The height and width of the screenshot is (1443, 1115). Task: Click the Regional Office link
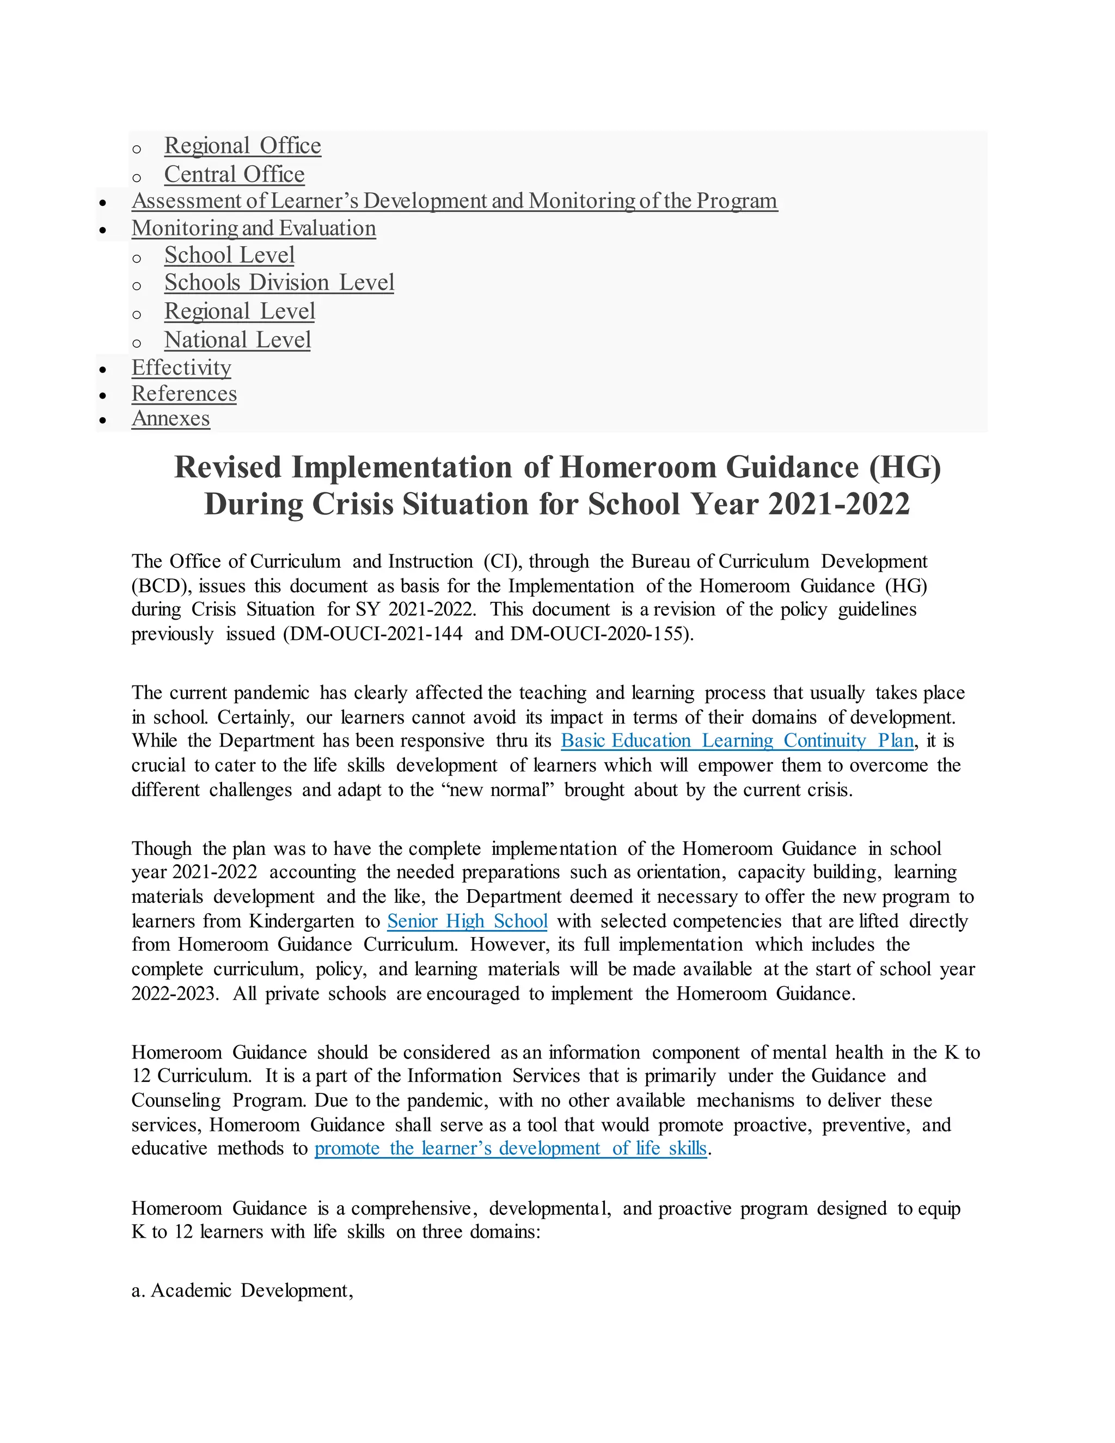pyautogui.click(x=242, y=145)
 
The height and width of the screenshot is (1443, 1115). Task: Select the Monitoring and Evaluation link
pyautogui.click(x=254, y=228)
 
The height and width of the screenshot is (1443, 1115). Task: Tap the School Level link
pyautogui.click(x=229, y=255)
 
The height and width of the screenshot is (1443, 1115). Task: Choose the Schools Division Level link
pyautogui.click(x=279, y=283)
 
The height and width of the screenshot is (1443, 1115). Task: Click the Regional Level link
pyautogui.click(x=239, y=311)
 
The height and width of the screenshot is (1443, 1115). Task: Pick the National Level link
pyautogui.click(x=237, y=340)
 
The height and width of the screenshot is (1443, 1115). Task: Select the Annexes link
pyautogui.click(x=170, y=419)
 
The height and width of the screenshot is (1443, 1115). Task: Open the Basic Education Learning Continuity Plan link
pyautogui.click(x=737, y=741)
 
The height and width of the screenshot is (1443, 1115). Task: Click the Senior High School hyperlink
pyautogui.click(x=467, y=921)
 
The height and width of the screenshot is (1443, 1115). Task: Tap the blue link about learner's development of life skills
pyautogui.click(x=511, y=1148)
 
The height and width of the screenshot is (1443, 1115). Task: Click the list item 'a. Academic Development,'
pyautogui.click(x=242, y=1291)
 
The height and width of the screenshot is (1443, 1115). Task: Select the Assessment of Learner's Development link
pyautogui.click(x=455, y=201)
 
